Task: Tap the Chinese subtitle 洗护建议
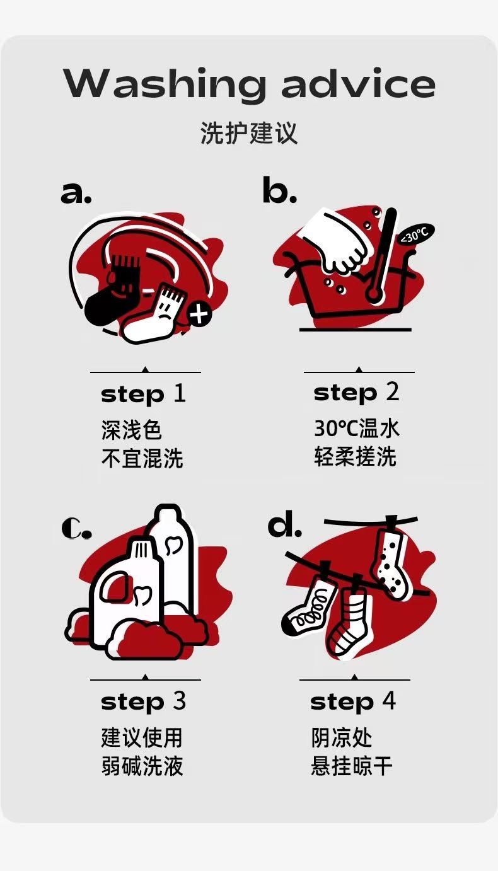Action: click(x=249, y=133)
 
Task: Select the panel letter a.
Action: click(x=76, y=192)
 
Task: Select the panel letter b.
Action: click(x=279, y=190)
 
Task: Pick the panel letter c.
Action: click(x=77, y=528)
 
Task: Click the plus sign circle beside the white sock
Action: click(x=199, y=313)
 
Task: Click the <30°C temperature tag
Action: click(x=415, y=234)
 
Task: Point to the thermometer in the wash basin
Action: click(x=382, y=257)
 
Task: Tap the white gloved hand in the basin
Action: click(x=335, y=241)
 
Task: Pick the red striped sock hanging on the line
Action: click(x=350, y=622)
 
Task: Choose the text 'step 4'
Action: click(x=353, y=702)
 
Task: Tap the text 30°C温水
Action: click(x=357, y=428)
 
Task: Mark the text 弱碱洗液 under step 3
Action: click(x=142, y=766)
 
